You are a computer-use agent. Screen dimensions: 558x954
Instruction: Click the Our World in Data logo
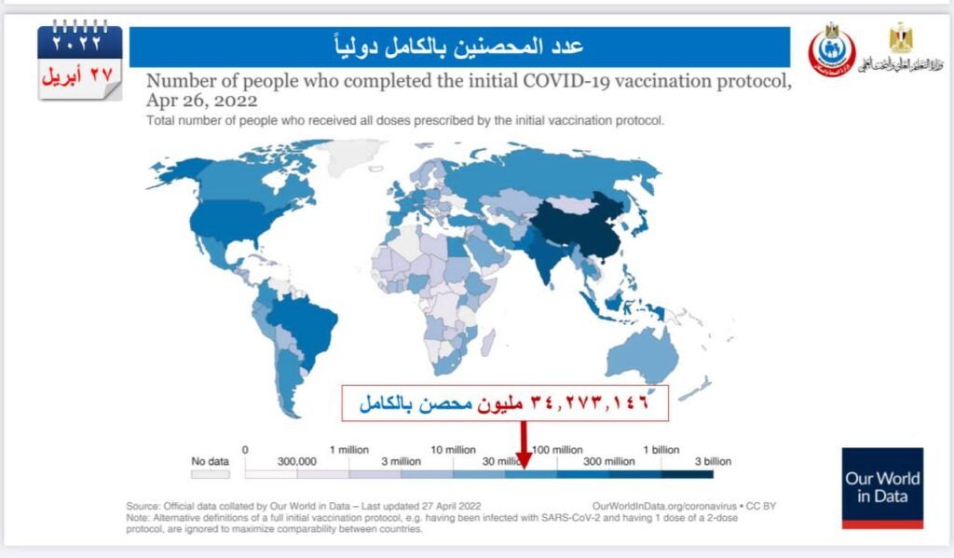coord(882,487)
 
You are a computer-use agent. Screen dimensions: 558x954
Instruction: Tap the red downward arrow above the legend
coord(524,446)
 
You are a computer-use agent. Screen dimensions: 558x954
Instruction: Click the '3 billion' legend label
coord(713,462)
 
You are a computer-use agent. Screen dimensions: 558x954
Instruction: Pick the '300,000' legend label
coord(298,462)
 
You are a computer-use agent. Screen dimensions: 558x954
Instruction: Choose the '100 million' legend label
coord(557,450)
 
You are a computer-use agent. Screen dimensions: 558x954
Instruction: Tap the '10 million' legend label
coord(454,450)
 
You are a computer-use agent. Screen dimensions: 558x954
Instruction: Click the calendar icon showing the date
coord(79,62)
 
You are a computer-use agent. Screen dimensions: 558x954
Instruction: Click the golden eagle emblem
coord(900,38)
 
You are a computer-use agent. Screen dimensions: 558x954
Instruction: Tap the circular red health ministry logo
coord(831,51)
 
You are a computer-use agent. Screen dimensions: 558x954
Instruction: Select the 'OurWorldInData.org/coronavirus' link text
coord(658,507)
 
